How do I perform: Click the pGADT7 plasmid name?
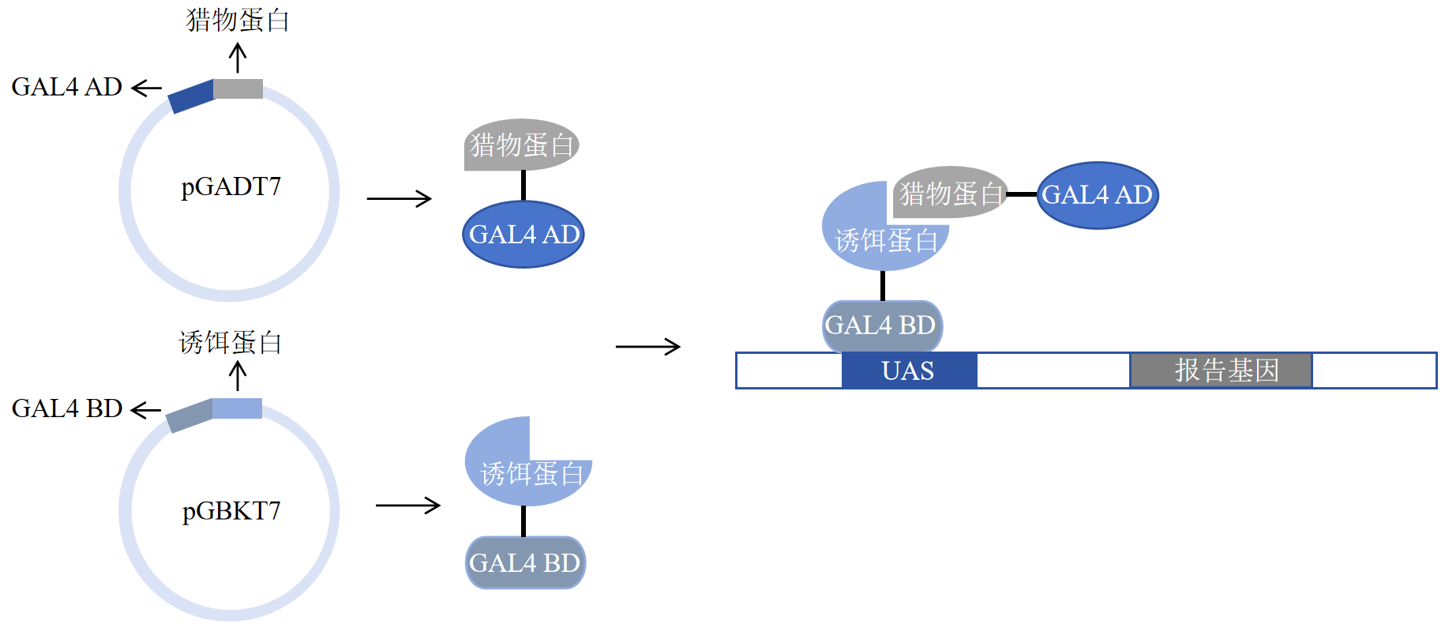[x=231, y=187]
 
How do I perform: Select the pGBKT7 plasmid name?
[x=231, y=511]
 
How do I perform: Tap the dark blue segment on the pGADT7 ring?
[x=192, y=96]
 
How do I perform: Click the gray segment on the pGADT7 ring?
[x=238, y=88]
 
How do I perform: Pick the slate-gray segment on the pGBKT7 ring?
[x=190, y=416]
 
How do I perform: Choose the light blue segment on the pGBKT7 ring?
[x=237, y=408]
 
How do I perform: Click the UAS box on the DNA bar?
[x=908, y=371]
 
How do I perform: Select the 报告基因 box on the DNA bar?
[x=1222, y=371]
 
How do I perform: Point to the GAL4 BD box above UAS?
[x=881, y=325]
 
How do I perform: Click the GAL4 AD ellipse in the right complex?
[x=1097, y=195]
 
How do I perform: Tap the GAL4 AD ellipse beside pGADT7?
[x=523, y=235]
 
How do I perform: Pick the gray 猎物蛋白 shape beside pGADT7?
[x=521, y=145]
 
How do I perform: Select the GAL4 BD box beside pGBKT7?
[x=525, y=562]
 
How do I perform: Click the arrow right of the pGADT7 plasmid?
[x=400, y=198]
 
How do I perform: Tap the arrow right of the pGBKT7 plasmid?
[x=407, y=506]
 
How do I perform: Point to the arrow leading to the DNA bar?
[x=647, y=346]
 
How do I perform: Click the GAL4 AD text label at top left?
[x=67, y=87]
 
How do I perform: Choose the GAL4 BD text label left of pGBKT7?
[x=67, y=408]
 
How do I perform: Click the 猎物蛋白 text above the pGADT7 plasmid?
[x=238, y=21]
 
